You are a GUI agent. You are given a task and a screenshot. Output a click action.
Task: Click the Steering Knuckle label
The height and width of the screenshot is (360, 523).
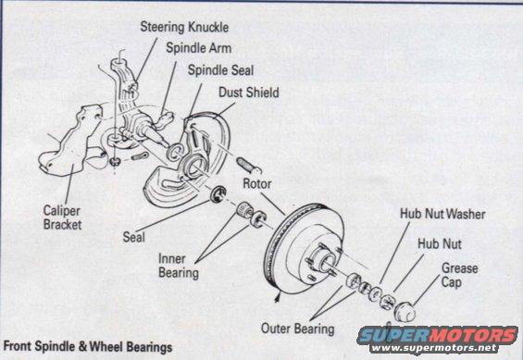point(183,27)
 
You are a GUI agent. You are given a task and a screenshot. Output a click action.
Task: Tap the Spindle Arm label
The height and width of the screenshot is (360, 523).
point(198,48)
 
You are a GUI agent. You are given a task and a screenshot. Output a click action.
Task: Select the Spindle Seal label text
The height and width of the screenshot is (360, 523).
point(220,70)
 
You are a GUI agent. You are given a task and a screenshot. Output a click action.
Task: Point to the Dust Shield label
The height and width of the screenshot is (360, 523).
point(248,93)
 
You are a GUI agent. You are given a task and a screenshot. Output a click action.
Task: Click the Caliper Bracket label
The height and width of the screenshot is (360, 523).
point(63,217)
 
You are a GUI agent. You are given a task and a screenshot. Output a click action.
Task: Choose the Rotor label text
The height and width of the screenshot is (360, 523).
point(255,183)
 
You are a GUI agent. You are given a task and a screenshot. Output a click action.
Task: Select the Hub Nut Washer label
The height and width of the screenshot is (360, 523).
point(442,214)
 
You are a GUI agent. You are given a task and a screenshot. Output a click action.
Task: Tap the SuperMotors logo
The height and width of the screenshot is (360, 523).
point(438,334)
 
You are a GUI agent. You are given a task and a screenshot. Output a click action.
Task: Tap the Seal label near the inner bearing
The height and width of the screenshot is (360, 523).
point(134,237)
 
